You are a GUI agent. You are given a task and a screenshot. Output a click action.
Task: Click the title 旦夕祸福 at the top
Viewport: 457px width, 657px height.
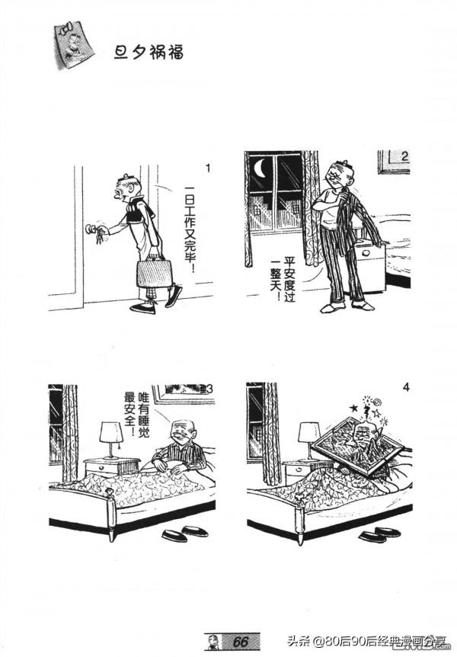[149, 53]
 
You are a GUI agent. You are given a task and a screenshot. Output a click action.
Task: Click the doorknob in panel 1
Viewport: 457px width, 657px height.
[90, 229]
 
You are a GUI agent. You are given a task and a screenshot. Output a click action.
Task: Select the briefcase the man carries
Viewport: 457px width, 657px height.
[154, 273]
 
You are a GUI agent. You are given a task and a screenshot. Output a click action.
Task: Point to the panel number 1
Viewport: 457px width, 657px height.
[208, 168]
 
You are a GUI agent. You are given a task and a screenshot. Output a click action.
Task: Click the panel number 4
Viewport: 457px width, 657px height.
[405, 387]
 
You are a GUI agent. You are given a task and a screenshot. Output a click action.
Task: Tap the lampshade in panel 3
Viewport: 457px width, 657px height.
[111, 432]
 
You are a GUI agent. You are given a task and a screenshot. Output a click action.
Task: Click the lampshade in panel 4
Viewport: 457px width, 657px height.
[309, 432]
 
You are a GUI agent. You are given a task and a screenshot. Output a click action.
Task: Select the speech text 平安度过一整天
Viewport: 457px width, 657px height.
[283, 279]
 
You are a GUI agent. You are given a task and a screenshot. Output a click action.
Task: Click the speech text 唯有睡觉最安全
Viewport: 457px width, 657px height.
[137, 414]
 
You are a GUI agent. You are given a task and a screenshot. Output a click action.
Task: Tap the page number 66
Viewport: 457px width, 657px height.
[241, 642]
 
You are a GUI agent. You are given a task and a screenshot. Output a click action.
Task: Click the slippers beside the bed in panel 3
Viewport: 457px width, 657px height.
[185, 532]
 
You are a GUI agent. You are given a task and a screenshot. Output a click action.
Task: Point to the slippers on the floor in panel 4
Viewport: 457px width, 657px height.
[380, 534]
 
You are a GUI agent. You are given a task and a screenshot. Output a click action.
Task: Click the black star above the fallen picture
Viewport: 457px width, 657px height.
[353, 407]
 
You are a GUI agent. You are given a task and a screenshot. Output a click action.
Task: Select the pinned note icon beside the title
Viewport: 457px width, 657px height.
[73, 45]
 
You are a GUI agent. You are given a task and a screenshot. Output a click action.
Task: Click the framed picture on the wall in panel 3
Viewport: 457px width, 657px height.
[181, 393]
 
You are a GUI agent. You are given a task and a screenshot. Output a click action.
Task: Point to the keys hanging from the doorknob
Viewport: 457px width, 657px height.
[99, 237]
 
